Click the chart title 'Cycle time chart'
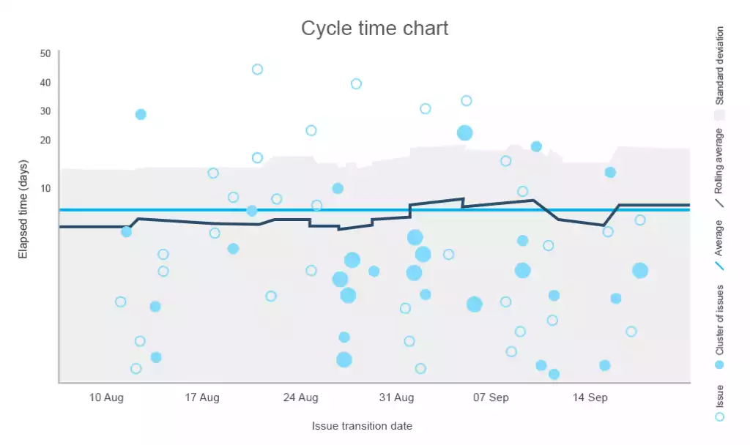374,29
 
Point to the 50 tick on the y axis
45,53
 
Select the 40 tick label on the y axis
45,83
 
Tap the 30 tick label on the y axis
45,111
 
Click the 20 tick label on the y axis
45,140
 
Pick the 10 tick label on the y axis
45,188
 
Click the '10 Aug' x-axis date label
106,398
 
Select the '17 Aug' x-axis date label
203,398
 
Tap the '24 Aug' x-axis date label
300,398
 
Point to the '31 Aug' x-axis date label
397,398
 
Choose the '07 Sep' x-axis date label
491,398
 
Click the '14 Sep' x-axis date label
590,398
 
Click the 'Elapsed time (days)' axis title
23,209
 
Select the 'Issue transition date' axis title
362,426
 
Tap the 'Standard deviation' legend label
719,66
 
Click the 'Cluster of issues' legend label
719,319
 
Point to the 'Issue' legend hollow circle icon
719,416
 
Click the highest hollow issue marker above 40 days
257,70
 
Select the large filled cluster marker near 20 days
464,132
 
